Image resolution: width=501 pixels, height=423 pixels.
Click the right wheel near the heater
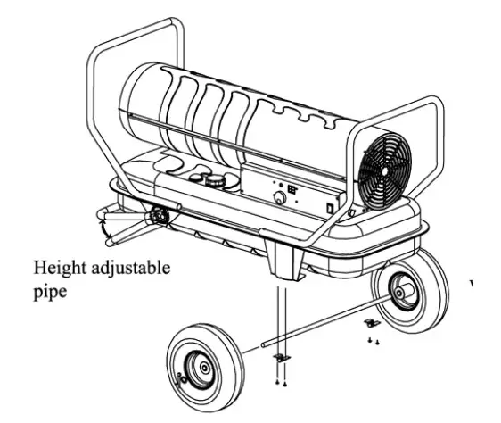click(409, 290)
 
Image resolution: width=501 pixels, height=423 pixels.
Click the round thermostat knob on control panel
click(278, 198)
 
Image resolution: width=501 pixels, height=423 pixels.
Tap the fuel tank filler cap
click(214, 179)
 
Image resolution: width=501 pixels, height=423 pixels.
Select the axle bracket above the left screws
click(280, 356)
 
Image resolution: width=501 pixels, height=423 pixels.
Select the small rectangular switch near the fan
click(330, 207)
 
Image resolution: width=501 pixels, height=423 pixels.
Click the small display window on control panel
click(292, 189)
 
